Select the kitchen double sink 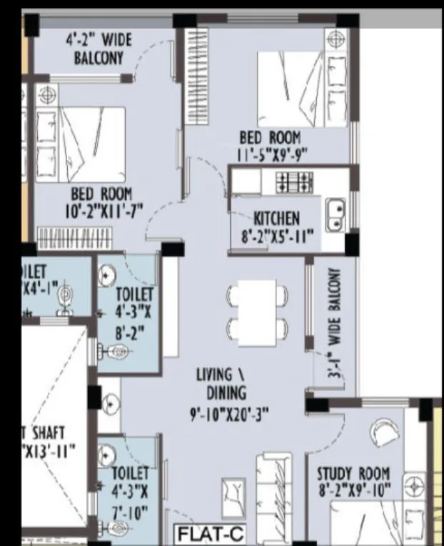[x=336, y=215]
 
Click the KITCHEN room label [x=276, y=218]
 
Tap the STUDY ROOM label [x=353, y=473]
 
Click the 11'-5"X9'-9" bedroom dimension [x=269, y=153]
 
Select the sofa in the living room [x=275, y=492]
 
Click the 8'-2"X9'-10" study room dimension [x=353, y=491]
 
